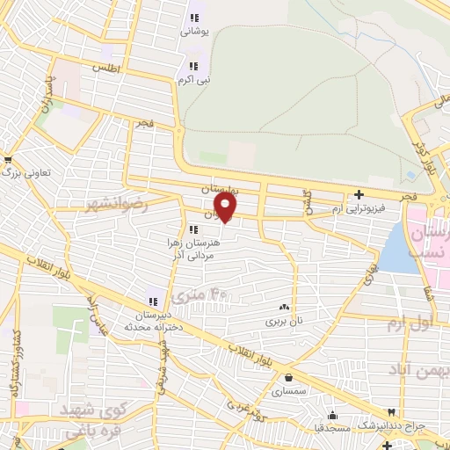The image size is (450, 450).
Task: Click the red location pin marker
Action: click(x=227, y=207)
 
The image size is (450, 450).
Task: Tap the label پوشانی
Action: click(x=193, y=31)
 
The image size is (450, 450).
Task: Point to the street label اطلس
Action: click(x=108, y=69)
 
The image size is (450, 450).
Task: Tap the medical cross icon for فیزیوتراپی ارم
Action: click(x=359, y=195)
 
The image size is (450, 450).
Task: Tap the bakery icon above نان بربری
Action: click(x=284, y=308)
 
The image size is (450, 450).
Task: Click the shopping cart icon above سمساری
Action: click(x=289, y=377)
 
